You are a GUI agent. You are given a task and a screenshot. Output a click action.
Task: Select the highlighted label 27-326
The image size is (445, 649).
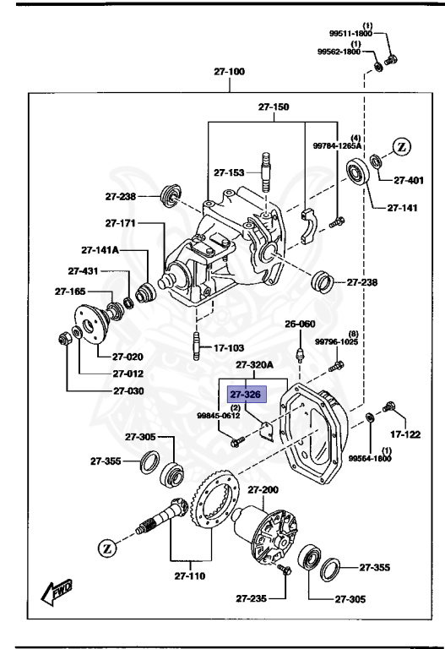[246, 395]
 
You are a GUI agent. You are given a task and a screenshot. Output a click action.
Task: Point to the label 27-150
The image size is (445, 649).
[274, 107]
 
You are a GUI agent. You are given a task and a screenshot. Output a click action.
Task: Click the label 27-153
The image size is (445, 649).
[229, 172]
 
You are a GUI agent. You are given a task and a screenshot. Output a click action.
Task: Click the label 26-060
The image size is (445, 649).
[299, 324]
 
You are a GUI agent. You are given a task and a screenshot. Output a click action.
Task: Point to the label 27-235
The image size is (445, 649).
[250, 598]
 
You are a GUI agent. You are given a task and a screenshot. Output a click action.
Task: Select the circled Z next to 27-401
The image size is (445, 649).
[402, 146]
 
